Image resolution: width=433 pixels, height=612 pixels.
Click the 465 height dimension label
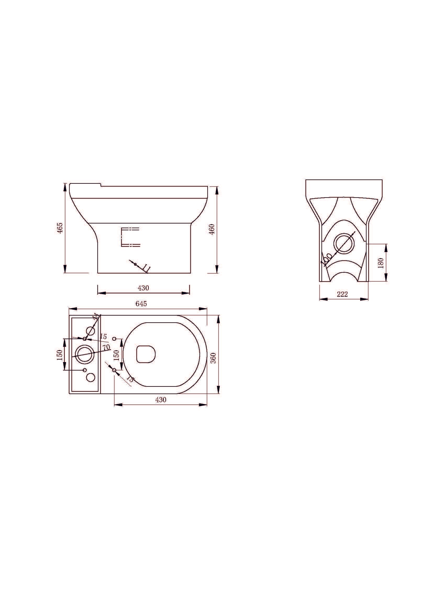60,228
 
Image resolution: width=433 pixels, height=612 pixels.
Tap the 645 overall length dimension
141,304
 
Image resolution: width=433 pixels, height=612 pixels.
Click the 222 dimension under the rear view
342,294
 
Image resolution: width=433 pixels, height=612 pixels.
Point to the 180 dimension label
381,263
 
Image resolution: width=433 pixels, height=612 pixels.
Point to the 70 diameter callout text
106,347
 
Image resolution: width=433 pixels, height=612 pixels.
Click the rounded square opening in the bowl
146,354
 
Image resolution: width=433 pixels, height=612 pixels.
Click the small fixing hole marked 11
135,264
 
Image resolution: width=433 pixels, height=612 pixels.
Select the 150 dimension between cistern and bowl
116,355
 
